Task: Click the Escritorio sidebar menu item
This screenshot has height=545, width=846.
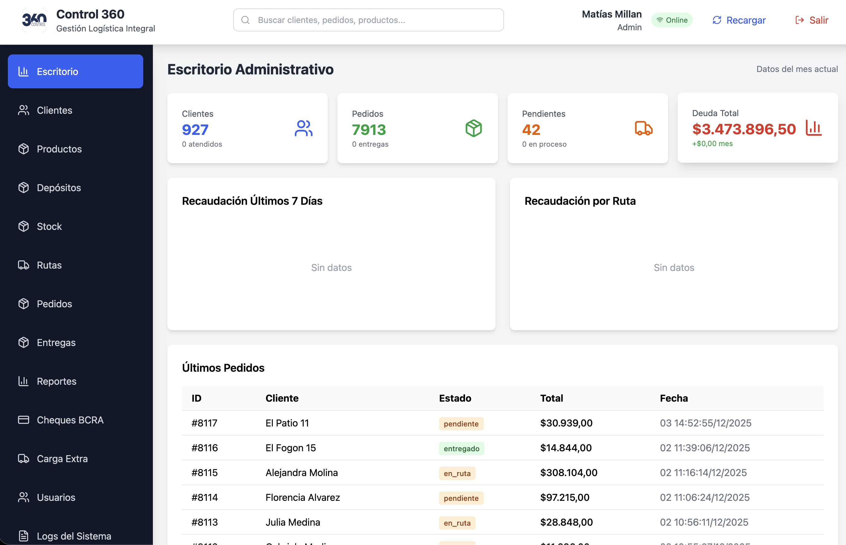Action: [75, 71]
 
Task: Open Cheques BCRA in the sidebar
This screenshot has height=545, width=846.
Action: [70, 420]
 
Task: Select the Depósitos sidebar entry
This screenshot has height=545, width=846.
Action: [59, 188]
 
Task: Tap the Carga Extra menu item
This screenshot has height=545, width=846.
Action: [62, 459]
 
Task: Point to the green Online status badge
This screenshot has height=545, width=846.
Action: [672, 20]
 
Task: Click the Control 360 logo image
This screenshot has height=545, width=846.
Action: [34, 20]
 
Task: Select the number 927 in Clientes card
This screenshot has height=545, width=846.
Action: [195, 130]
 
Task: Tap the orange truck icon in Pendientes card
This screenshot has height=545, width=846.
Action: [644, 129]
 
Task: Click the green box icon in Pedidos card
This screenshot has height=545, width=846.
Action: [473, 129]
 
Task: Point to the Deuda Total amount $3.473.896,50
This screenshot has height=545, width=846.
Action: [744, 129]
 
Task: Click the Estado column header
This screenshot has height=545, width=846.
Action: [455, 398]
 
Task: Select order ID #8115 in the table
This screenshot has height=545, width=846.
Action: [205, 473]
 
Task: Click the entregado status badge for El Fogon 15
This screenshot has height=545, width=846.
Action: [461, 449]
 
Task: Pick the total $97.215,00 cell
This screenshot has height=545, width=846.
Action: [565, 498]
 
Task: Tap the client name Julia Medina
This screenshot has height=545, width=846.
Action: [293, 522]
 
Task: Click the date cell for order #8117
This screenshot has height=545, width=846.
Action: [705, 423]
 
